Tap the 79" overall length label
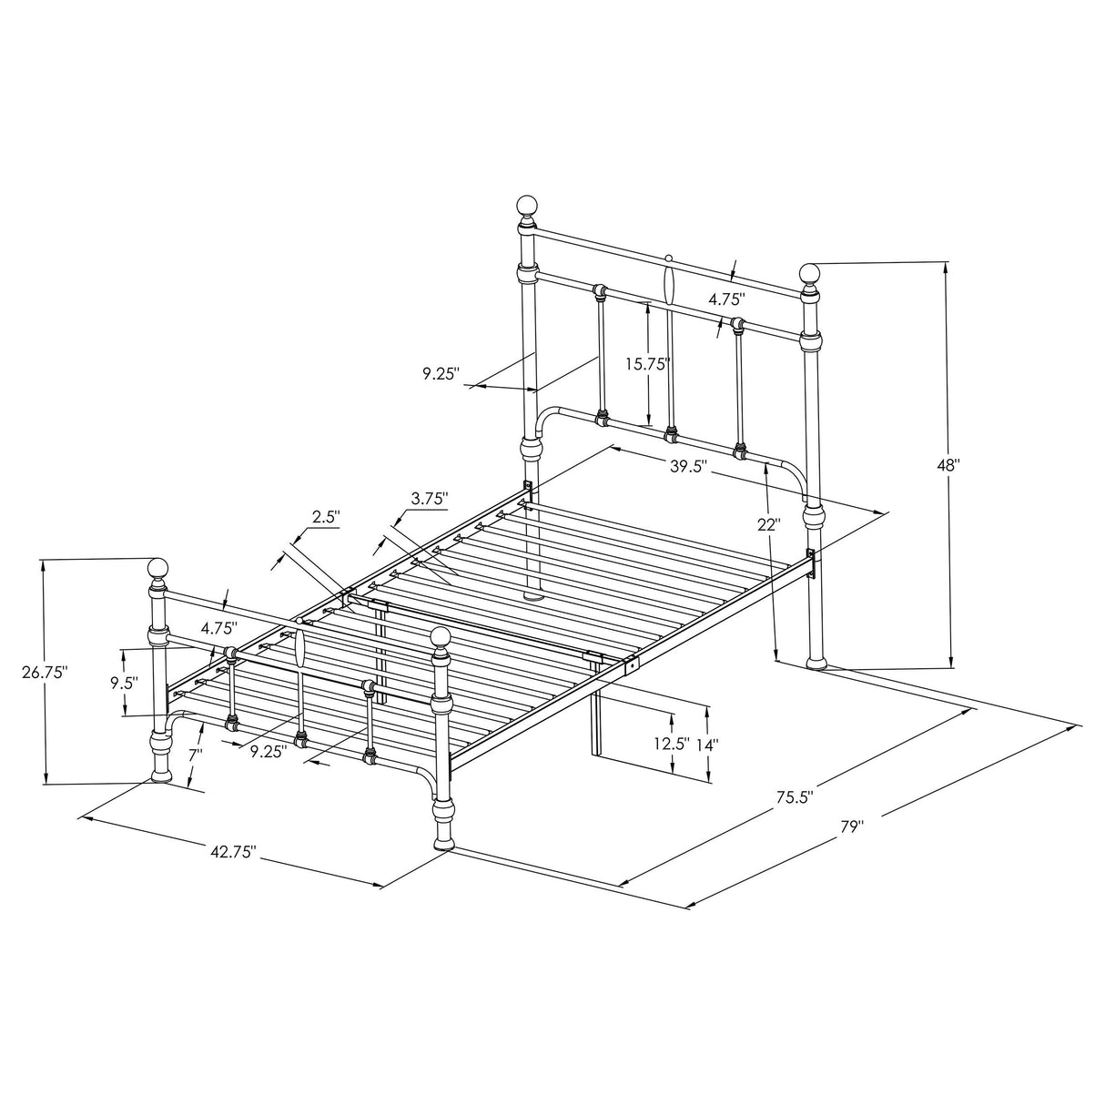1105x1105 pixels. (x=851, y=827)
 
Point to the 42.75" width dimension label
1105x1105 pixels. (x=233, y=852)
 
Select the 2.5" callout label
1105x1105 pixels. (x=326, y=517)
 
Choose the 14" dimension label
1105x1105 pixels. (x=707, y=744)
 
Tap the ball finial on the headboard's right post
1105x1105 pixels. (x=810, y=273)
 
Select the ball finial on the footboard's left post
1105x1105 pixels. (x=159, y=570)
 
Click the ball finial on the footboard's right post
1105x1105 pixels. (x=441, y=638)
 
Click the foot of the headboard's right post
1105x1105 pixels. (x=817, y=663)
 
